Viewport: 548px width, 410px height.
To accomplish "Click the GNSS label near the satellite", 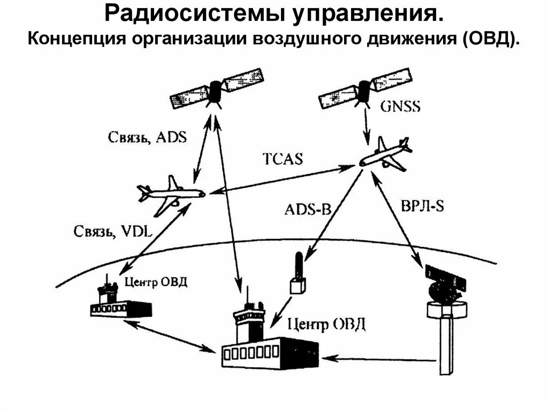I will click(400, 106).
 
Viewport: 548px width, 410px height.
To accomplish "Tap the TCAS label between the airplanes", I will click(282, 159).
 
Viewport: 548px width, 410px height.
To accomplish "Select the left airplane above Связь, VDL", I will click(170, 195).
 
